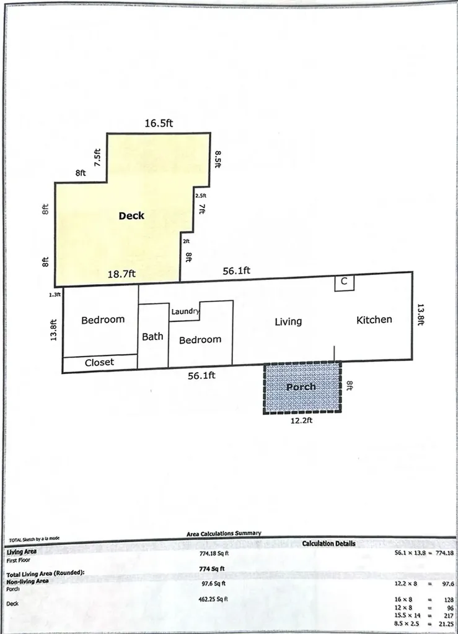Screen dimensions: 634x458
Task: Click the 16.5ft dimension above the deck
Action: pyautogui.click(x=159, y=123)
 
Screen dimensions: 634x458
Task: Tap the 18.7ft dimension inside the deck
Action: pyautogui.click(x=122, y=272)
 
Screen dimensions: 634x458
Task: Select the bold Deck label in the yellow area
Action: pyautogui.click(x=131, y=215)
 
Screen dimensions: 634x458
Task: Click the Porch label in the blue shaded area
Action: pyautogui.click(x=301, y=386)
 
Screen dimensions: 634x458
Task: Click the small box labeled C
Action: pyautogui.click(x=345, y=282)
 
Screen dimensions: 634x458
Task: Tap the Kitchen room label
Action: pyautogui.click(x=374, y=319)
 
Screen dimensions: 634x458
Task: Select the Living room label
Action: pyautogui.click(x=288, y=321)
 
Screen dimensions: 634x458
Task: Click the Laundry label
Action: pyautogui.click(x=185, y=311)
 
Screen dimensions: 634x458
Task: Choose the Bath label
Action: pyautogui.click(x=152, y=336)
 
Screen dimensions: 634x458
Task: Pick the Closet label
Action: pyautogui.click(x=99, y=362)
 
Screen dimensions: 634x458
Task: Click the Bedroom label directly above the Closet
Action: pyautogui.click(x=103, y=320)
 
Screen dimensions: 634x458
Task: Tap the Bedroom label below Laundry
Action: pyautogui.click(x=200, y=340)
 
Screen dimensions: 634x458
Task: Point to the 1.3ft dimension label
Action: pyautogui.click(x=55, y=295)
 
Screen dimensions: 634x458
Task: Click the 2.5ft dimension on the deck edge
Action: pyautogui.click(x=200, y=196)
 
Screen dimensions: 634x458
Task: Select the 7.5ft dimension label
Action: pyautogui.click(x=98, y=158)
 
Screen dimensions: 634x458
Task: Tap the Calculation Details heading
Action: pyautogui.click(x=328, y=544)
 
